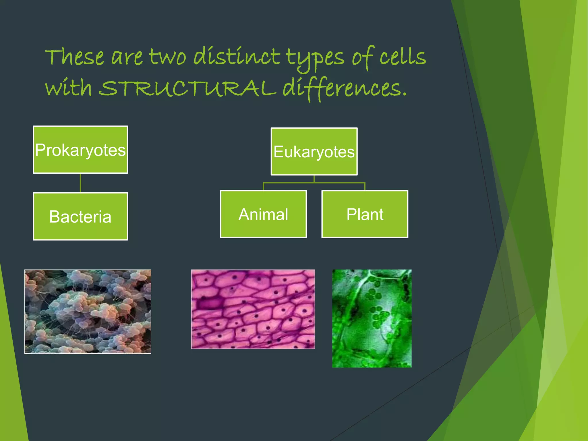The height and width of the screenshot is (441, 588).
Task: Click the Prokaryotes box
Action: [80, 150]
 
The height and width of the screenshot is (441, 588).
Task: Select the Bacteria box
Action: [80, 216]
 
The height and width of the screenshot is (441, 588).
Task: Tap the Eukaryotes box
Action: [314, 151]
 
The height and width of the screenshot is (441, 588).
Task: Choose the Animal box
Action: [263, 214]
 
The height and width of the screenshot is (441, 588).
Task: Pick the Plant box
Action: [365, 214]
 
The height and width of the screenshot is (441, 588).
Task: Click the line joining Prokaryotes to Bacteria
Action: [80, 183]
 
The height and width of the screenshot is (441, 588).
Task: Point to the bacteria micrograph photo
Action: [88, 312]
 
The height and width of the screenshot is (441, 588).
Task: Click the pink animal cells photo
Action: [253, 309]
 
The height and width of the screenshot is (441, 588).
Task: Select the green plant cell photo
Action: [372, 318]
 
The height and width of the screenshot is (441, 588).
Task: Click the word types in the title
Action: [315, 57]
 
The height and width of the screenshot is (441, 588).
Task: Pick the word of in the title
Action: [362, 57]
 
